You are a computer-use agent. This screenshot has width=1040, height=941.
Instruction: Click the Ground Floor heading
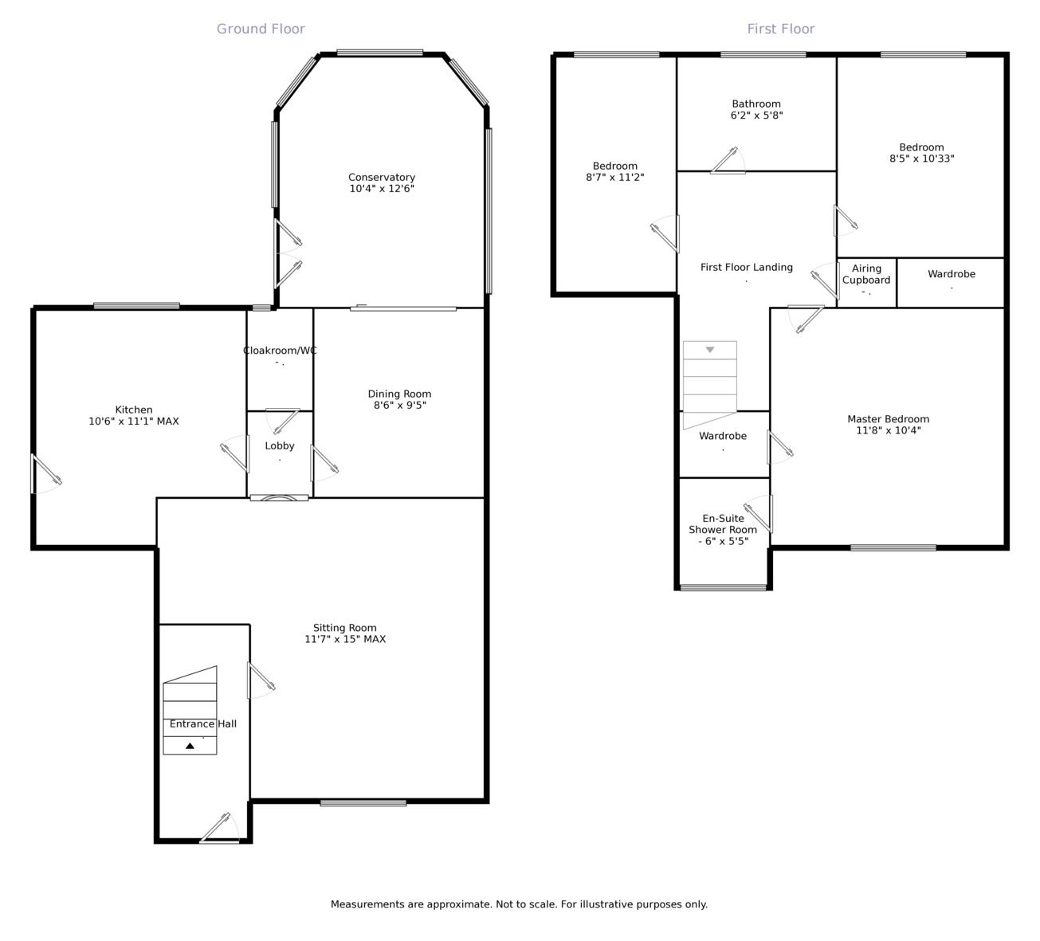pyautogui.click(x=261, y=29)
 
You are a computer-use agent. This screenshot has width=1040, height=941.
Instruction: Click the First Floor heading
pyautogui.click(x=780, y=29)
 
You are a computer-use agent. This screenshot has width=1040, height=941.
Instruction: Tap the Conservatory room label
pyautogui.click(x=382, y=178)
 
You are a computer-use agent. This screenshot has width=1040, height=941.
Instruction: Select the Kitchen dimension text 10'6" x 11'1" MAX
pyautogui.click(x=134, y=421)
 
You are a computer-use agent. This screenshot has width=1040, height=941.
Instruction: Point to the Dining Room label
pyautogui.click(x=399, y=394)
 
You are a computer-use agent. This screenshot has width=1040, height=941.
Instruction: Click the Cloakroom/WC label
pyautogui.click(x=280, y=351)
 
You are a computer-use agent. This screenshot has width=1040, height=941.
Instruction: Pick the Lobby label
pyautogui.click(x=280, y=446)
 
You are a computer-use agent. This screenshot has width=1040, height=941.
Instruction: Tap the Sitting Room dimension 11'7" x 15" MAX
pyautogui.click(x=345, y=639)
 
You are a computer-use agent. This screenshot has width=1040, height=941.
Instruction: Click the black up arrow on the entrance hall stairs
pyautogui.click(x=190, y=746)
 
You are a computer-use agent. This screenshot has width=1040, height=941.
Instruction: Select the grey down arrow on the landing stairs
pyautogui.click(x=710, y=350)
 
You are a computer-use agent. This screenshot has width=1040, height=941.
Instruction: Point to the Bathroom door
pyautogui.click(x=728, y=161)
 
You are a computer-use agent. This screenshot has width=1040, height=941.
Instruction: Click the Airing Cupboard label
pyautogui.click(x=865, y=274)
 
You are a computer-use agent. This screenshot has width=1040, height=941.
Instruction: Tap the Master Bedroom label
pyautogui.click(x=888, y=419)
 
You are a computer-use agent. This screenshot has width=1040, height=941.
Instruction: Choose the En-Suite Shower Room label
pyautogui.click(x=723, y=523)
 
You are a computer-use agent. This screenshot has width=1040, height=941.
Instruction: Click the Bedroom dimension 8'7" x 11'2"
pyautogui.click(x=615, y=178)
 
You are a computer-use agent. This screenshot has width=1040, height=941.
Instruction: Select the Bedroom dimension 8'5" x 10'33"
pyautogui.click(x=922, y=159)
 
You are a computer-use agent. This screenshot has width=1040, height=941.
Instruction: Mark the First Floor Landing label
pyautogui.click(x=747, y=268)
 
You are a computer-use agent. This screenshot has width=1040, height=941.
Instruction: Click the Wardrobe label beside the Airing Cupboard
pyautogui.click(x=952, y=274)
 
